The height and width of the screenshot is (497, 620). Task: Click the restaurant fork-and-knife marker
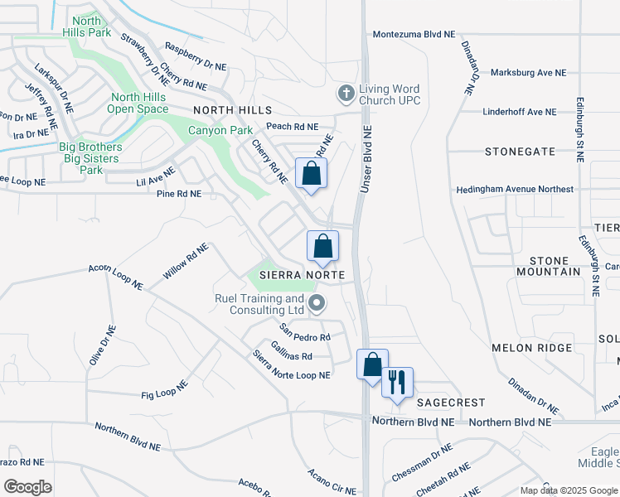pos(397,382)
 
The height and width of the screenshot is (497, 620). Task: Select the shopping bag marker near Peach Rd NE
pos(311,174)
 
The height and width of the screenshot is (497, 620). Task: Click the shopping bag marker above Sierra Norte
pos(322,246)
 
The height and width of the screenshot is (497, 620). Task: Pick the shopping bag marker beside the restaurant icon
pos(372,364)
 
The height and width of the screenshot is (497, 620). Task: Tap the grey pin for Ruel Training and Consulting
pos(317,304)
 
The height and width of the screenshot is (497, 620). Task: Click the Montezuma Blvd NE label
pos(414,35)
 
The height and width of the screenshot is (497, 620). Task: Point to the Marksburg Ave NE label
pos(528,73)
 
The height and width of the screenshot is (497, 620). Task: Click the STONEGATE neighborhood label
pos(520,152)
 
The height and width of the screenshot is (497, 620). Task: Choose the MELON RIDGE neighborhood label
pos(531,348)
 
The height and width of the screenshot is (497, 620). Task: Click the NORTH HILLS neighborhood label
pos(232,110)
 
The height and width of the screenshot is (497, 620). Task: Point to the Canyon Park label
pos(220,130)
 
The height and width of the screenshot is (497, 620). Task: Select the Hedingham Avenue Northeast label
pos(515,189)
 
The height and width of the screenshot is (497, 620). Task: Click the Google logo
pos(27,487)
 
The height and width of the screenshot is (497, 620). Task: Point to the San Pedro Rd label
pos(305,333)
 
